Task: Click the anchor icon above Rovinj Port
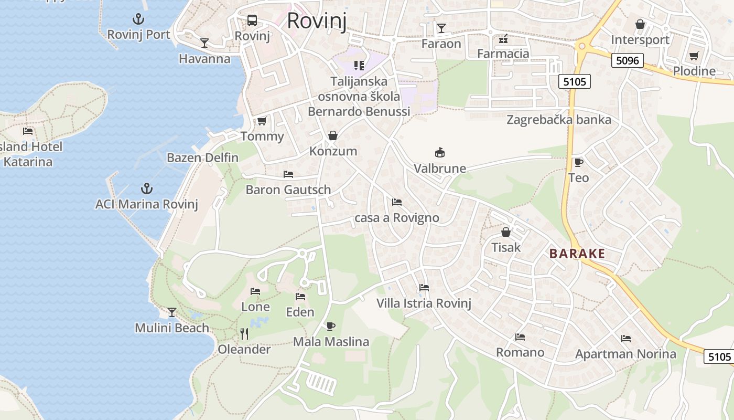point(138,20)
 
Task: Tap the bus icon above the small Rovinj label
point(252,20)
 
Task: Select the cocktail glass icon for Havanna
point(204,43)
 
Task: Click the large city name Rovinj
point(317,20)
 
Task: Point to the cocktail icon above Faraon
point(441,28)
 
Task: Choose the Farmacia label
point(503,54)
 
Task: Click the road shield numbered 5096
point(628,60)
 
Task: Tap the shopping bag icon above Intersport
point(640,24)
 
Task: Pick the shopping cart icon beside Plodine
point(694,56)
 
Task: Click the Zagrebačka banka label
point(559,120)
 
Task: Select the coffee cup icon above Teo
point(579,162)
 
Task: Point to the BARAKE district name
point(577,254)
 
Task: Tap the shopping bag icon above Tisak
point(506,232)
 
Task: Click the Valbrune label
point(440,169)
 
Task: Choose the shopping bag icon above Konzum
point(332,135)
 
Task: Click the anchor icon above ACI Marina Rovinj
point(147,188)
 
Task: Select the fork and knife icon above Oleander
point(244,333)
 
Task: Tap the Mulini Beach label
point(172,328)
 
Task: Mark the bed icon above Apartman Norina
point(626,339)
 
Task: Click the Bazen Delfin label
point(202,157)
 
